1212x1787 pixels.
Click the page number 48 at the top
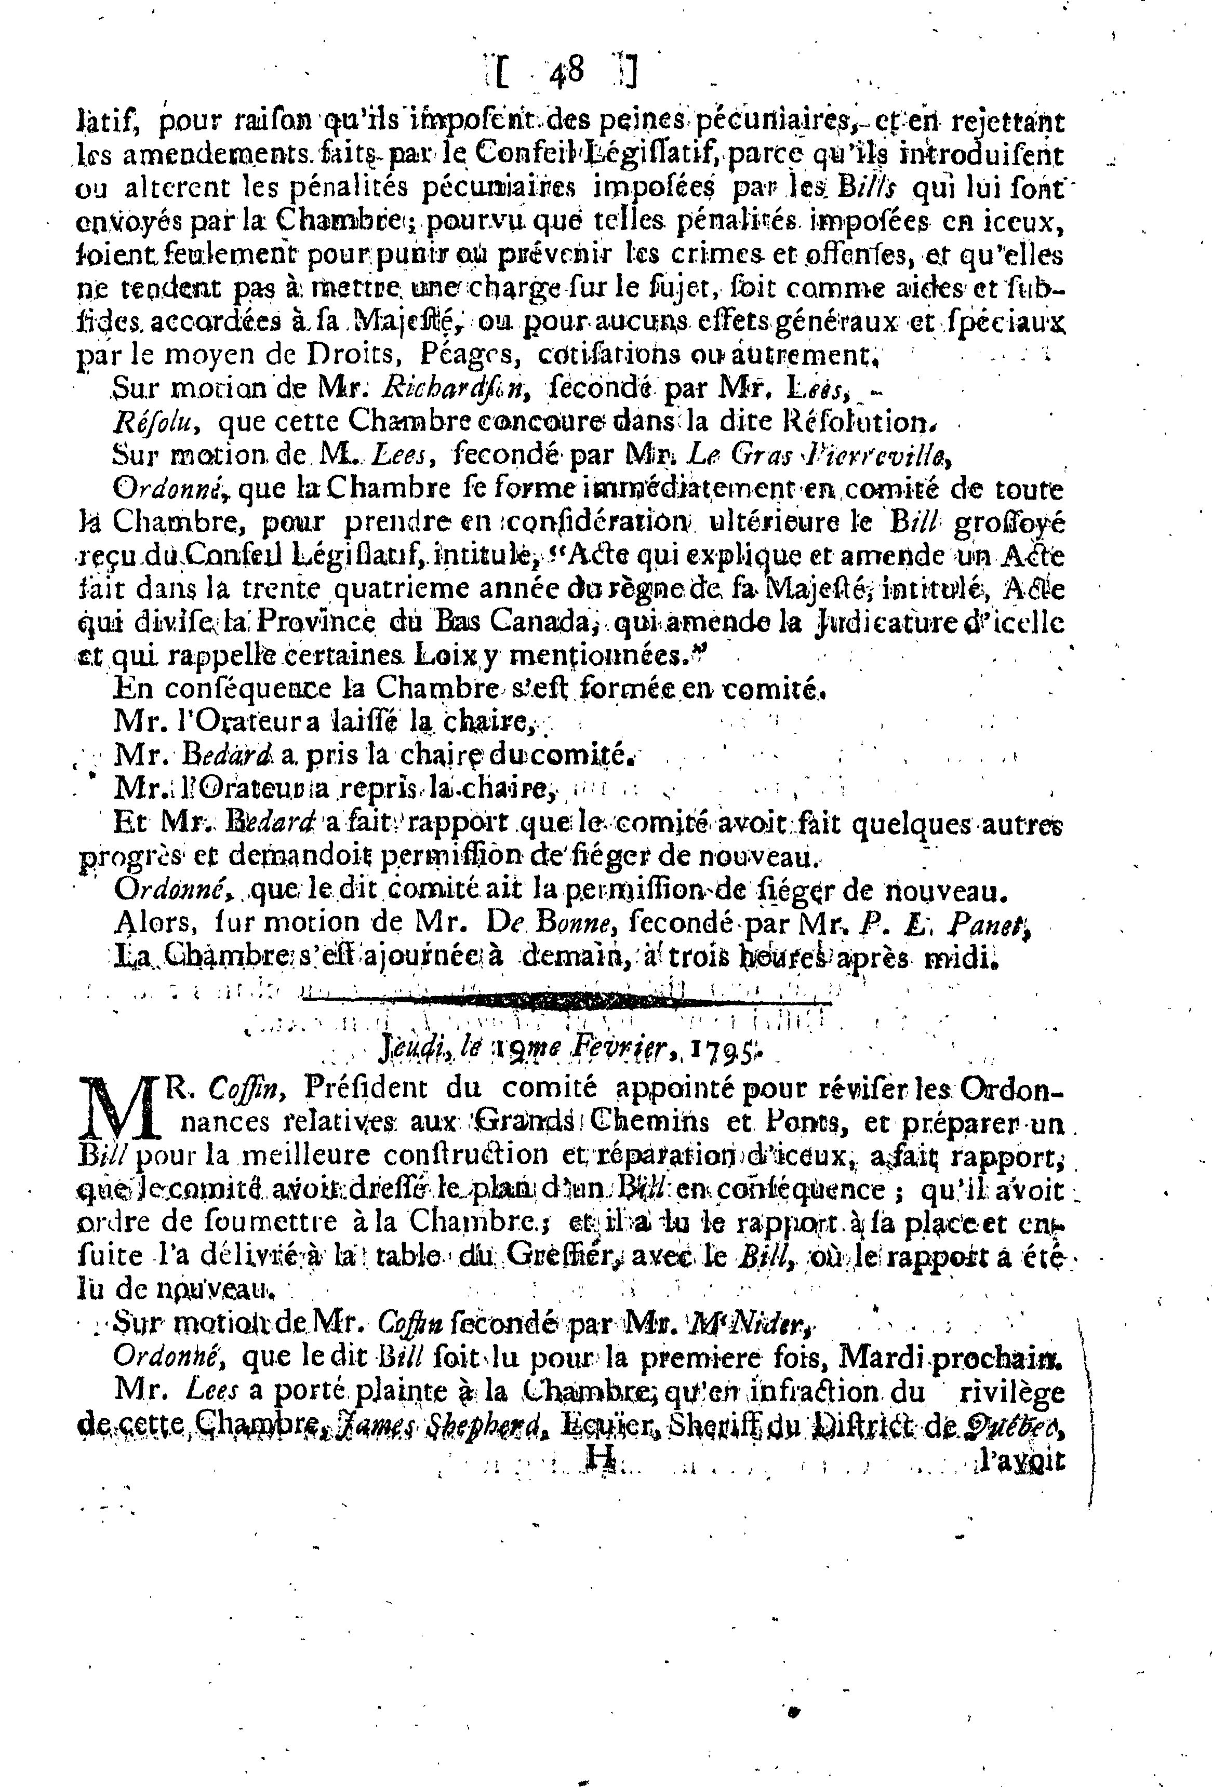point(567,74)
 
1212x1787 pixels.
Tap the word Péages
point(461,356)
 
